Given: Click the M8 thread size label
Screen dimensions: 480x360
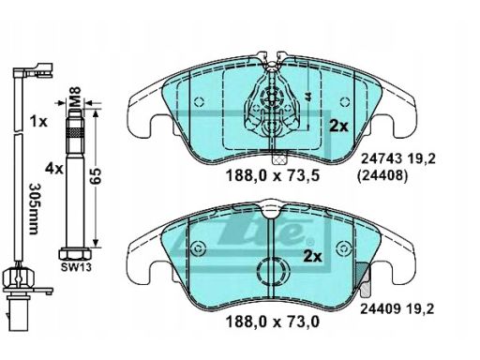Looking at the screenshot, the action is (75, 97).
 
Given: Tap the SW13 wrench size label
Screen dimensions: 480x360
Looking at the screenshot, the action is (76, 267).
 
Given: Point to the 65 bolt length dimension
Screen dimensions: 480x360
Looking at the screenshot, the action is (96, 175).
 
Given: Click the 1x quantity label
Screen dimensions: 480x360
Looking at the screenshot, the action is (38, 121).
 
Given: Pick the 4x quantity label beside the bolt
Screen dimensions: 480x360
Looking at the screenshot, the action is (53, 169).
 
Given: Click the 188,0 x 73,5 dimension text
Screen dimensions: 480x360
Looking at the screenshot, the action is (273, 175).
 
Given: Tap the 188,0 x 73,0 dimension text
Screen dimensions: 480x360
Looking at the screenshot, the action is (273, 322).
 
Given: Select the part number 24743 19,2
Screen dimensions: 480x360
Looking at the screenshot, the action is (397, 159).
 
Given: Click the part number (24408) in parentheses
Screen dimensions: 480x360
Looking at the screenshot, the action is (382, 176).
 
